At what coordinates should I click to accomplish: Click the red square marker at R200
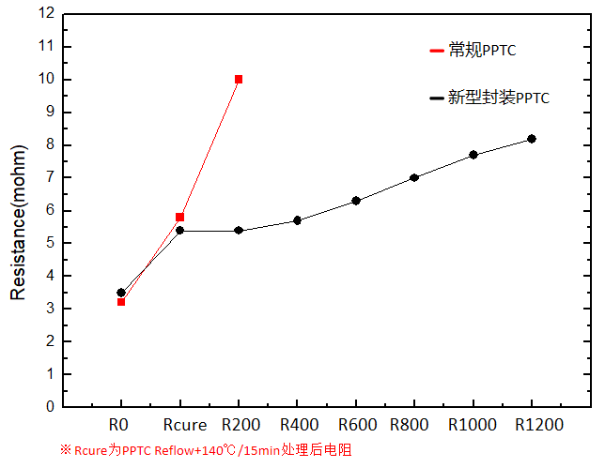tap(239, 80)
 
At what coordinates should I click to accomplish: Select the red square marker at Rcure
tap(179, 217)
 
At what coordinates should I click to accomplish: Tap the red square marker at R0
tap(121, 301)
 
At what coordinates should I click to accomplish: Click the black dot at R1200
tap(532, 139)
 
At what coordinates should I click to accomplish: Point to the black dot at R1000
tap(473, 155)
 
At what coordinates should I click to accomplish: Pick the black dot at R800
tap(414, 177)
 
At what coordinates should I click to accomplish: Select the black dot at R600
tap(356, 201)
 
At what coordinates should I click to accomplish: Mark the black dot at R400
tap(297, 220)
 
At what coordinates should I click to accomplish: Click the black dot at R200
tap(239, 230)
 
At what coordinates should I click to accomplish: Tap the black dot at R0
tap(121, 293)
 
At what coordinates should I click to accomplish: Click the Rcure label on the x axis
tap(179, 425)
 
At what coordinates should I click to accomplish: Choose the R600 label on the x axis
tap(356, 425)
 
